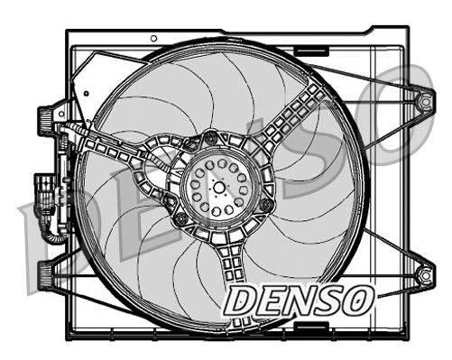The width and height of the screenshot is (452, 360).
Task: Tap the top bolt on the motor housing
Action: tap(210, 138)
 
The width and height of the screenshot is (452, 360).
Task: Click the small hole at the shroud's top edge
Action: tap(153, 38)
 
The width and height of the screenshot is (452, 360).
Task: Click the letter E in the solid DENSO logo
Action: tap(268, 302)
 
